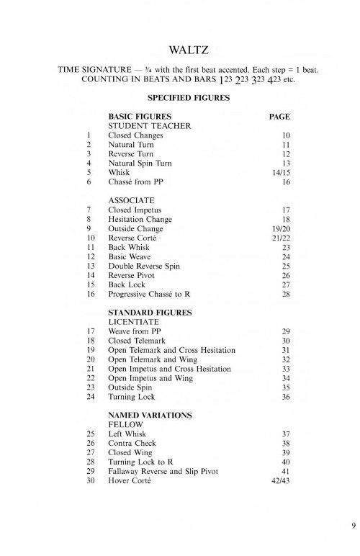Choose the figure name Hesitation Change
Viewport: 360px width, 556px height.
[x=140, y=219]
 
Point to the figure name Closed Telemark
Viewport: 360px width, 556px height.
[x=137, y=341]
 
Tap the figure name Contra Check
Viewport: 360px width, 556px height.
[x=131, y=444]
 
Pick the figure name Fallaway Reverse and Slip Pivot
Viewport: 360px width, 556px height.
[x=163, y=472]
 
